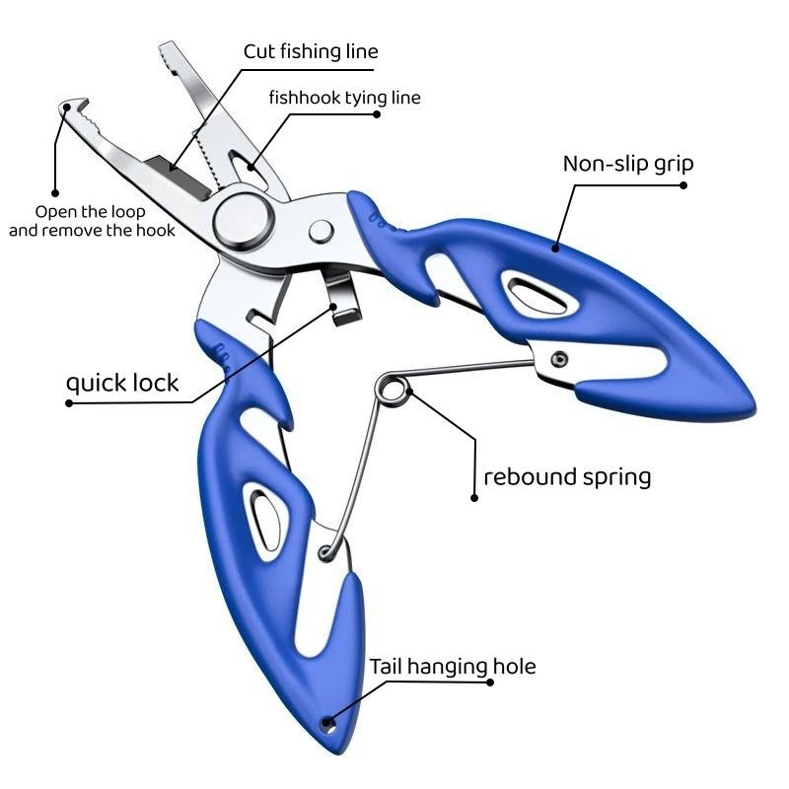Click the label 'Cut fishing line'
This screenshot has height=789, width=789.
coord(311,51)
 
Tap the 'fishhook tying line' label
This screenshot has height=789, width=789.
coord(344,98)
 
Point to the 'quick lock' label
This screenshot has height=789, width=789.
coord(122,383)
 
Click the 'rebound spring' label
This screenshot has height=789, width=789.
coord(567,477)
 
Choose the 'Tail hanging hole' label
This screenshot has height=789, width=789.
coord(453,667)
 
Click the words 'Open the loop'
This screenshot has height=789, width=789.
coord(91,212)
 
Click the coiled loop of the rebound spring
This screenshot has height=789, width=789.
coord(393,389)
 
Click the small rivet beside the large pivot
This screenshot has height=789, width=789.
coord(321,232)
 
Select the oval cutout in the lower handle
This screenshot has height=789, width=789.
coord(264,517)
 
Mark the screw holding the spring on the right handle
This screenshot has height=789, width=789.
coord(559,358)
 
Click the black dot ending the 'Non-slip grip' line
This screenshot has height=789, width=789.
coord(685,183)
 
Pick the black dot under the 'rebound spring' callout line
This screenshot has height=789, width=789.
coord(474,498)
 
